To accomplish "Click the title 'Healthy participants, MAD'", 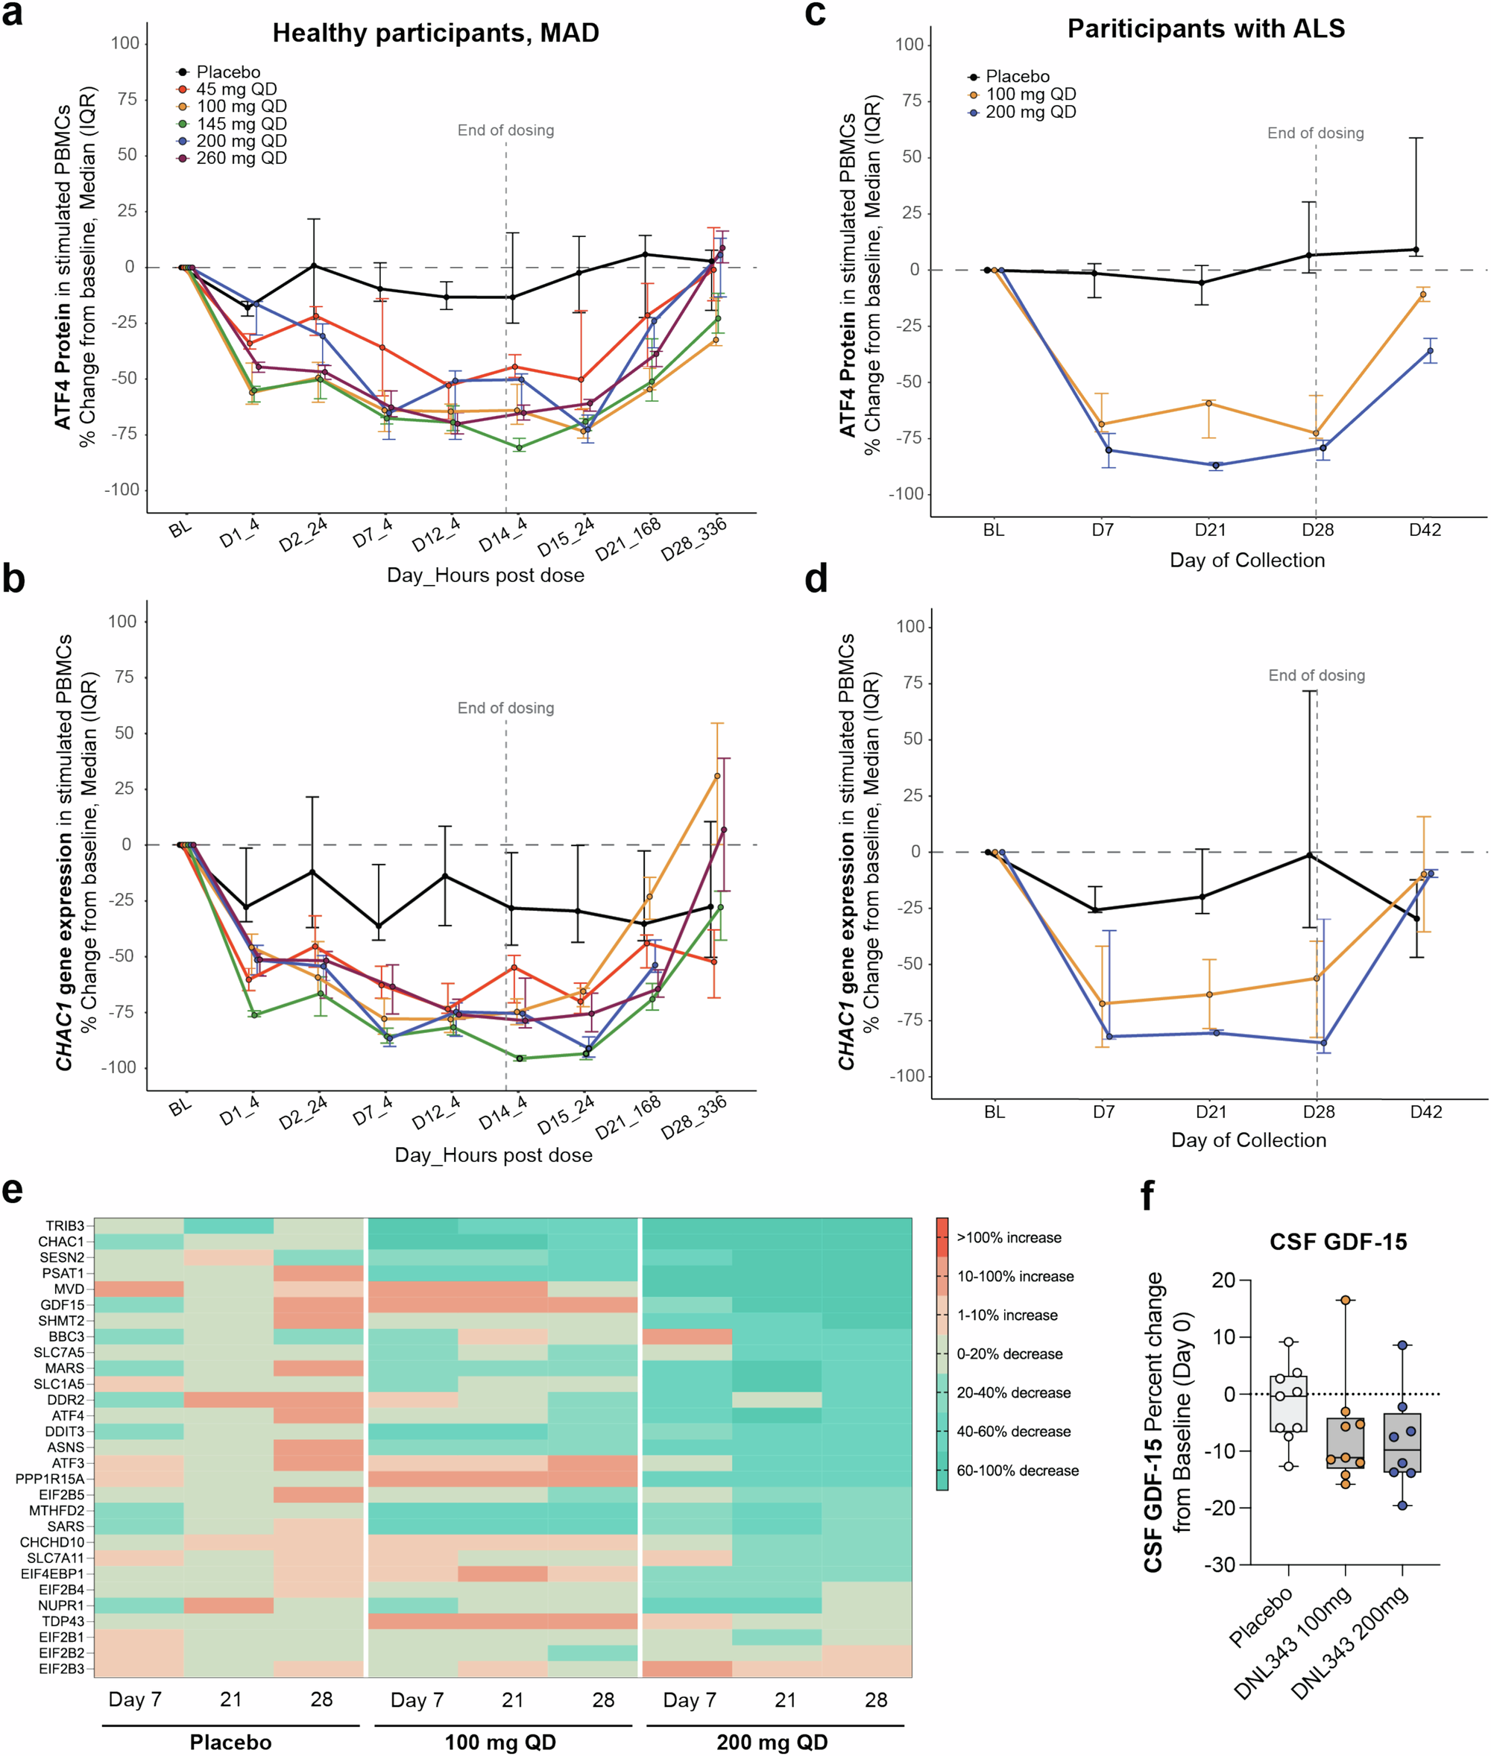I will [435, 33].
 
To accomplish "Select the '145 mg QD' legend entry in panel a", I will [241, 124].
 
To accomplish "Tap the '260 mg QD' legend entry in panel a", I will [241, 158].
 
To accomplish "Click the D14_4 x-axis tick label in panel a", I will [503, 536].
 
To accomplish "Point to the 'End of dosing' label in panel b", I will [505, 708].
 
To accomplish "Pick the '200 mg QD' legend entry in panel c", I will [1030, 112].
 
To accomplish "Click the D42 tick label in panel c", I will [1425, 530].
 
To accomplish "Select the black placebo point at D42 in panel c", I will [1416, 249].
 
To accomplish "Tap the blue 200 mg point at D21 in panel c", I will [1215, 466].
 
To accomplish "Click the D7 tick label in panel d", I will [1103, 1112].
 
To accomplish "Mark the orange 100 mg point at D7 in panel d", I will [1102, 1004].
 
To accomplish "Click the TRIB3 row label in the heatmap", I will [65, 1226].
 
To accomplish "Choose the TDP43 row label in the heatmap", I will [63, 1622].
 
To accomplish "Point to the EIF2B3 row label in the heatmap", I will [62, 1669].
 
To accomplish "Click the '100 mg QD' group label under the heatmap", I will [500, 1743].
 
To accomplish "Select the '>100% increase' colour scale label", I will [1009, 1238].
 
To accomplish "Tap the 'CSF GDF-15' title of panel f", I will [1338, 1242].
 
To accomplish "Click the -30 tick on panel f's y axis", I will [1221, 1565].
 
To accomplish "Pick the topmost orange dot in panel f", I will [1346, 1301].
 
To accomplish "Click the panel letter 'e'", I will [13, 1190].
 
